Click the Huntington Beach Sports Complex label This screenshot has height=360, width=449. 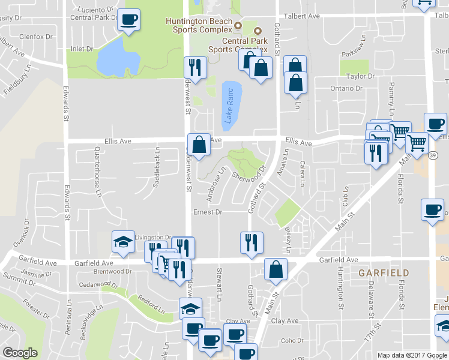pyautogui.click(x=199, y=25)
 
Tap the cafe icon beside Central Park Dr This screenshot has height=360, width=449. pyautogui.click(x=128, y=20)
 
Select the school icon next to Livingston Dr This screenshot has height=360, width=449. pyautogui.click(x=122, y=242)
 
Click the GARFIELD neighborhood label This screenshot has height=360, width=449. pyautogui.click(x=384, y=272)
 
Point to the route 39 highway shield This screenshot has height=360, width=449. pyautogui.click(x=433, y=155)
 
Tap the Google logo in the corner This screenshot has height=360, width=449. pyautogui.click(x=20, y=353)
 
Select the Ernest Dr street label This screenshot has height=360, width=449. pyautogui.click(x=208, y=212)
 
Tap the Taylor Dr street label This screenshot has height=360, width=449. pyautogui.click(x=360, y=76)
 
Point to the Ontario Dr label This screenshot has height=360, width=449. pyautogui.click(x=346, y=88)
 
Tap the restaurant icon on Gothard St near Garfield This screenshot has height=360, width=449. pyautogui.click(x=251, y=242)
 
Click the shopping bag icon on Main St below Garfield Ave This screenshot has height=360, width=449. pyautogui.click(x=276, y=269)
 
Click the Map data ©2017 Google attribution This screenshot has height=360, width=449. pyautogui.click(x=412, y=355)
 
